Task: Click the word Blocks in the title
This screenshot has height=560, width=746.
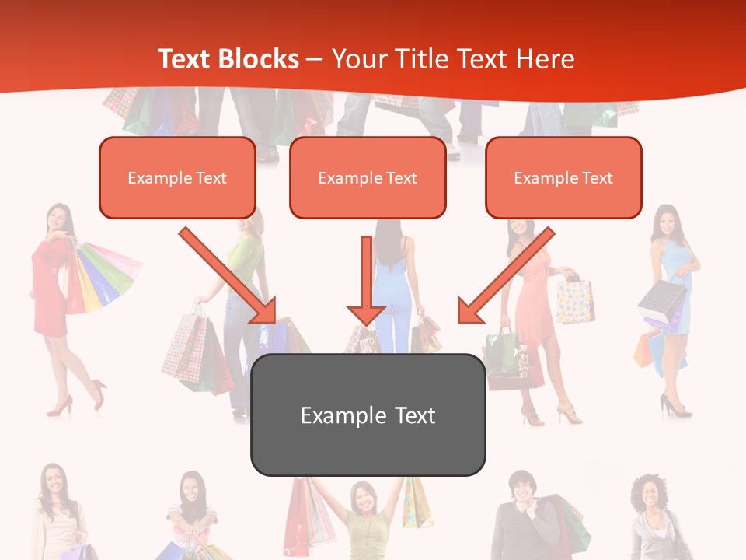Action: (x=260, y=59)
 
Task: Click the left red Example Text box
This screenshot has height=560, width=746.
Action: (x=177, y=178)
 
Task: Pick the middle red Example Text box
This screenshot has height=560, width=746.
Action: (x=368, y=178)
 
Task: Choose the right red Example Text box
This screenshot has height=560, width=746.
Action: (x=563, y=178)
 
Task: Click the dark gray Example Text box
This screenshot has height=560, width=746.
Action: (x=368, y=415)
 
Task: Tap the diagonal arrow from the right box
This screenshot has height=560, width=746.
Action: (x=505, y=275)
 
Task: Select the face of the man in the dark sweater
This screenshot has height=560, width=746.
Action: (x=521, y=488)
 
